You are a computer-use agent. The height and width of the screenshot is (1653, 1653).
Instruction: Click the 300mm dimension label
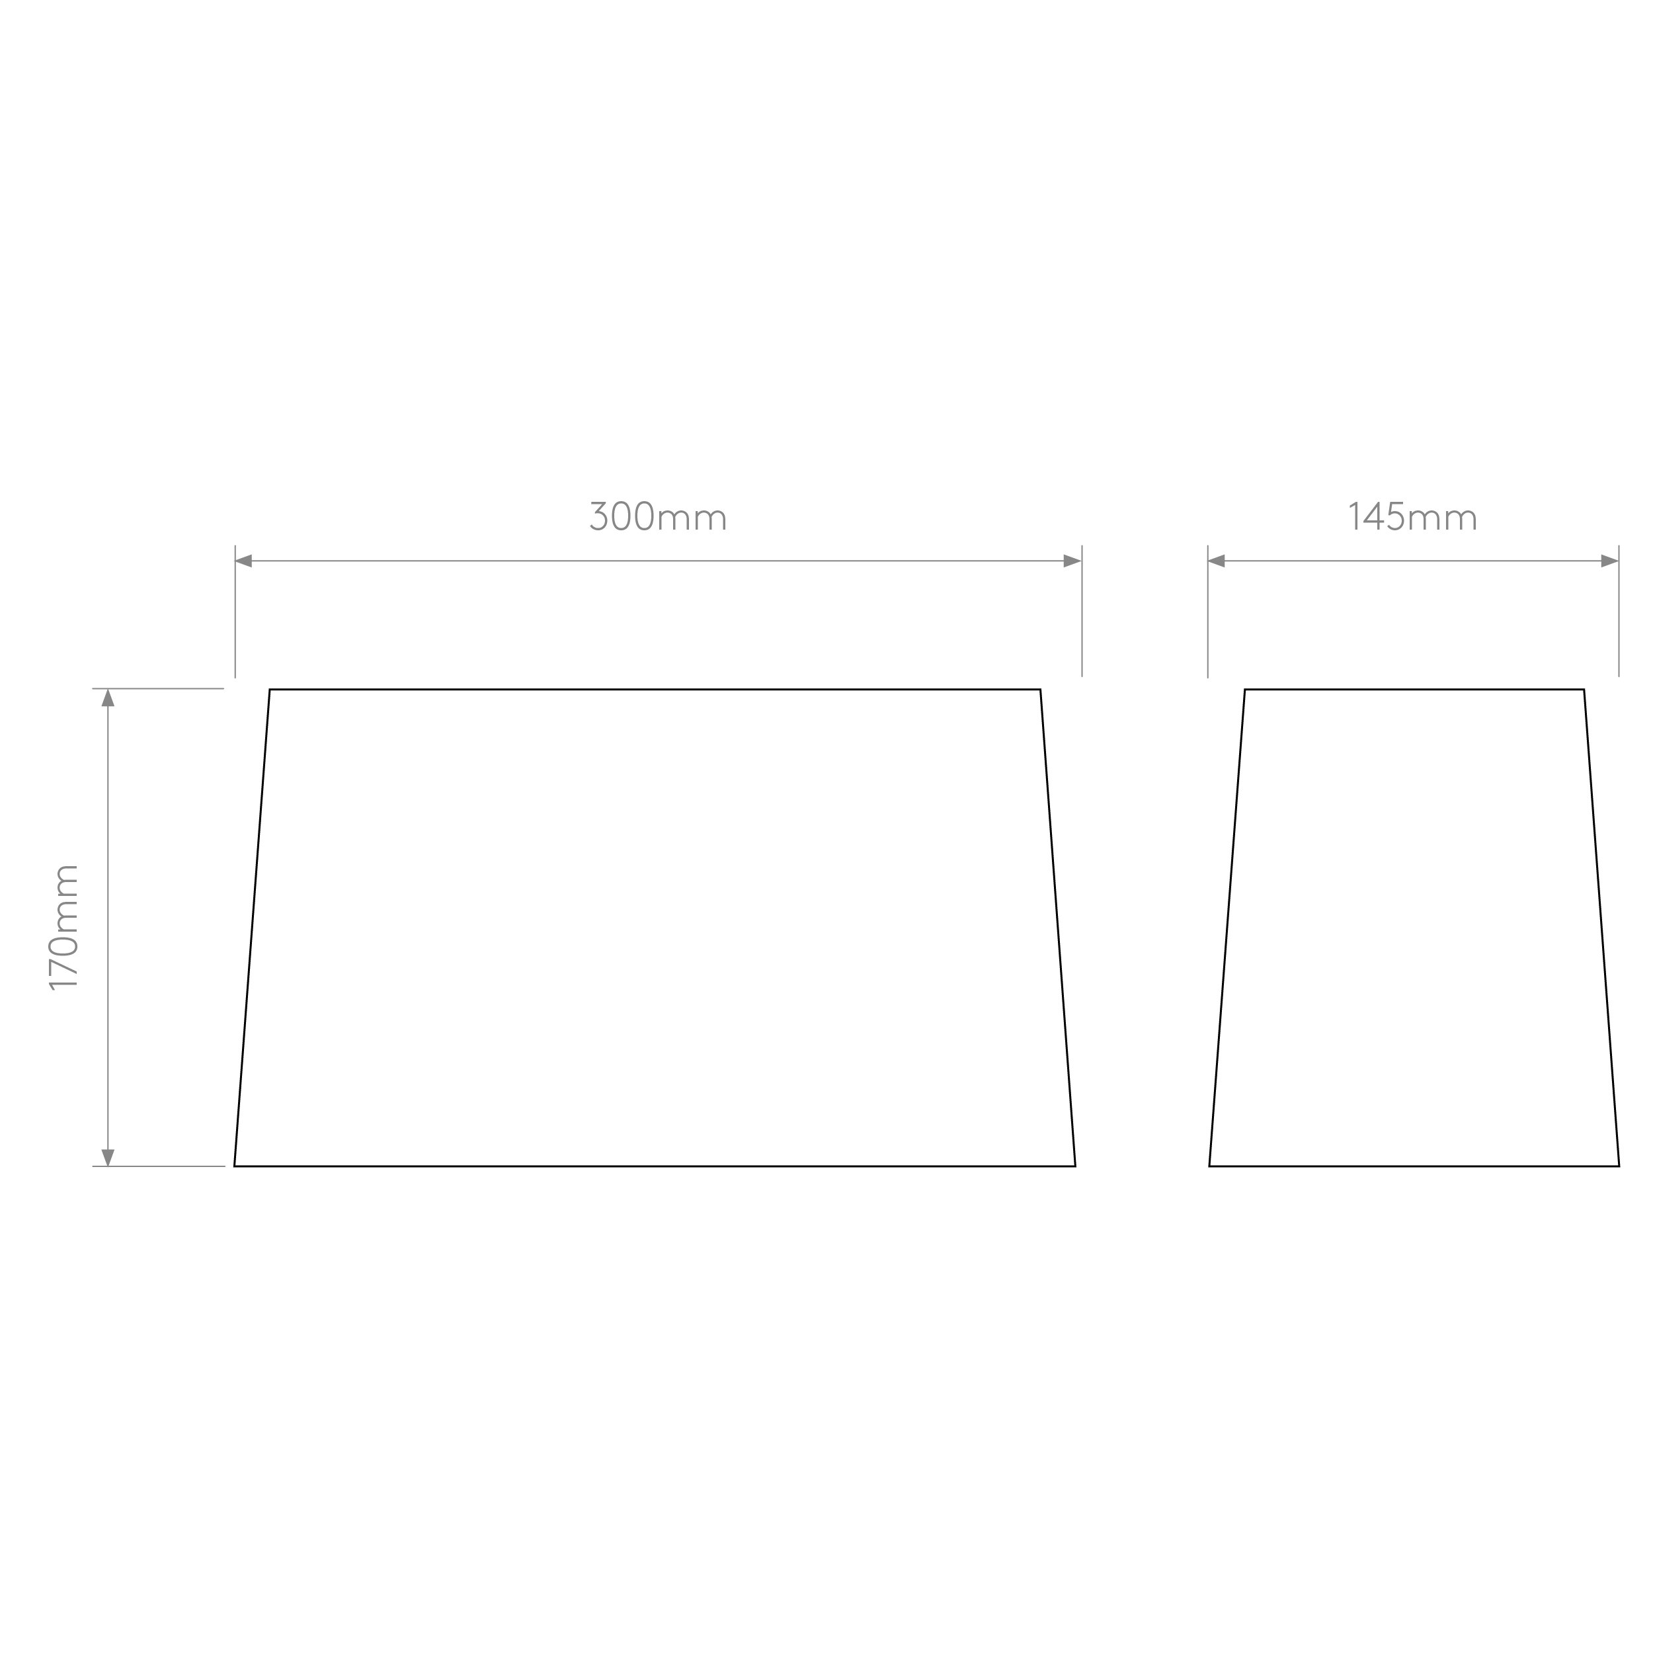click(658, 516)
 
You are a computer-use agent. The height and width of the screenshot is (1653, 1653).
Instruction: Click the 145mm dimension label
click(1412, 516)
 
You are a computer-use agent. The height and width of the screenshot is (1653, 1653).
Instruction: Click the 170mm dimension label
click(65, 928)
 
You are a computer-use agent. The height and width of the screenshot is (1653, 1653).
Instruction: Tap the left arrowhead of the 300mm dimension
click(243, 561)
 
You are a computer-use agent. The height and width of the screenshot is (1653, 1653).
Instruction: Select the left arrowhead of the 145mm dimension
click(1216, 561)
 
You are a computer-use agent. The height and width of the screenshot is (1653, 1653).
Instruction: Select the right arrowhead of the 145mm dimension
click(1609, 561)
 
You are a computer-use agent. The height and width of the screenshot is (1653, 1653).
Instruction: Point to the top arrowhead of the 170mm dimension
click(108, 698)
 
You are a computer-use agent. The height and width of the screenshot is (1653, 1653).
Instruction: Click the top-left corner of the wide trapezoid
click(270, 690)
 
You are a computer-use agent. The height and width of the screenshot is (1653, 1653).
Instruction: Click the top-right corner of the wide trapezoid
click(1040, 690)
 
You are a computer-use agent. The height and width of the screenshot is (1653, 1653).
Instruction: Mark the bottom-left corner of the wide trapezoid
click(235, 1166)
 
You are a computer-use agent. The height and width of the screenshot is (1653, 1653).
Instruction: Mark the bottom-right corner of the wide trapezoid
click(1076, 1166)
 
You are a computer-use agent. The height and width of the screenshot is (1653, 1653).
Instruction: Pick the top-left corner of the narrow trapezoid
click(1245, 690)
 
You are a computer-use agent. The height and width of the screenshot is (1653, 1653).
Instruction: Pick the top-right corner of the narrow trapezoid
click(1584, 690)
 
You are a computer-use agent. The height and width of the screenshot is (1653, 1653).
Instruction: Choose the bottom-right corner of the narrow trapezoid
click(1619, 1166)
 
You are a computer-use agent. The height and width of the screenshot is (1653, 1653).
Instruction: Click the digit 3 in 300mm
click(599, 516)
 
